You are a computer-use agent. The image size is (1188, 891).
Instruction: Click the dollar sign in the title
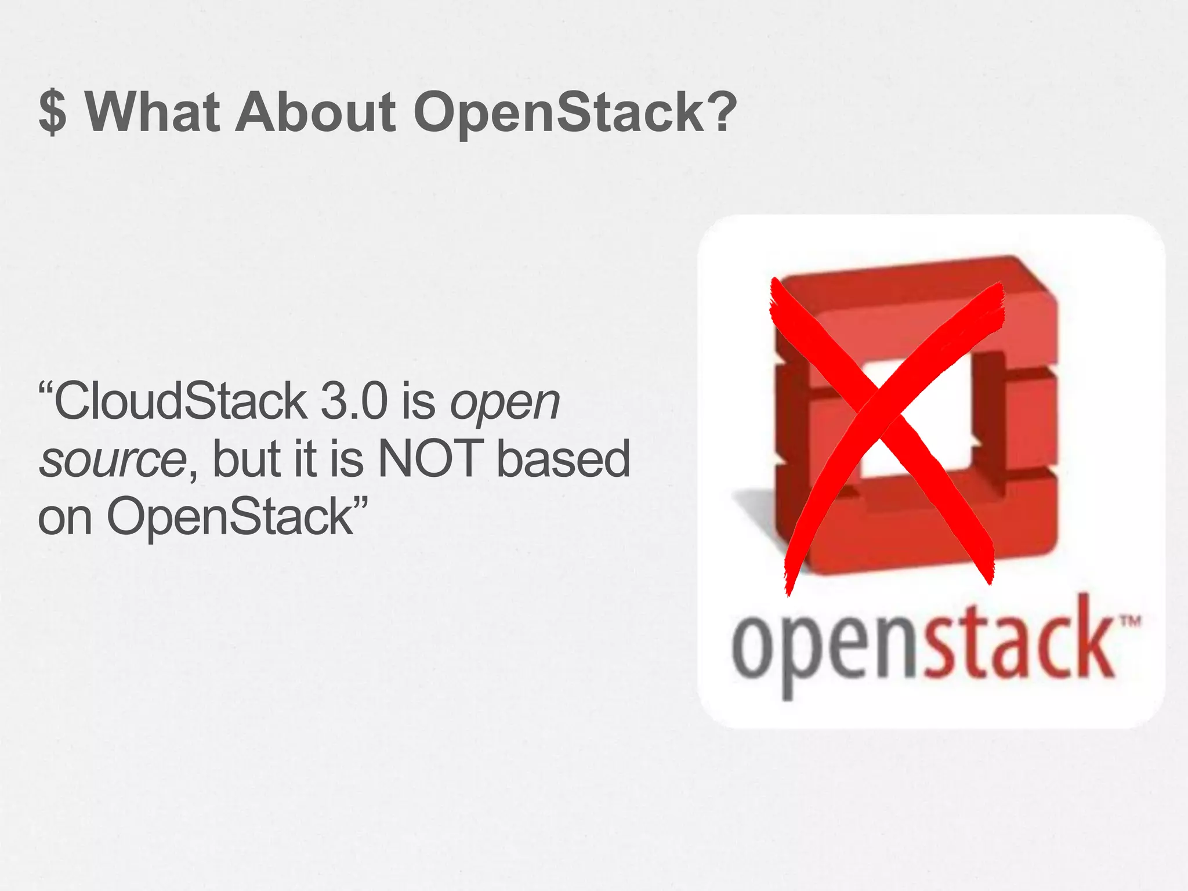53,113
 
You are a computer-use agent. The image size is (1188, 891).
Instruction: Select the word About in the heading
316,111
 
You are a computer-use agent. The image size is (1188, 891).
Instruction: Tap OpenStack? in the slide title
575,111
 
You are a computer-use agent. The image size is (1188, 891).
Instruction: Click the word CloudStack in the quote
180,401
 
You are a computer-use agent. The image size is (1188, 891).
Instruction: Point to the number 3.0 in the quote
354,401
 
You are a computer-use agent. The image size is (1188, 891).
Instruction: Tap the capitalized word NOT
430,458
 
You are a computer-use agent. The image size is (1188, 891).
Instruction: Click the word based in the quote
563,458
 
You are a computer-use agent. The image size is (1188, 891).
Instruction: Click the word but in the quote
247,458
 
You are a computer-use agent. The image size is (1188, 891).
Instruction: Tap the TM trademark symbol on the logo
1129,622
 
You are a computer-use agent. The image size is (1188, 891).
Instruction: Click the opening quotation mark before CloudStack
46,386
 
